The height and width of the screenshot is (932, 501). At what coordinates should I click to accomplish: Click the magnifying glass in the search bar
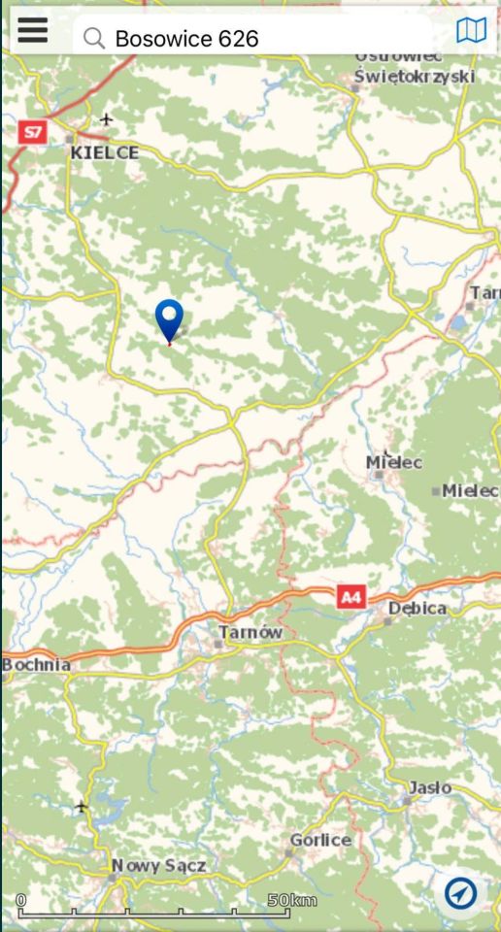[94, 38]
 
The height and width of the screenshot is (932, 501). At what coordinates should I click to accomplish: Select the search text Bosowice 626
[186, 39]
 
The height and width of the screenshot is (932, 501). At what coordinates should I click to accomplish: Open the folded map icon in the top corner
[471, 31]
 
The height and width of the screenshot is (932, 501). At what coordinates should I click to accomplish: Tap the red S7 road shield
[34, 131]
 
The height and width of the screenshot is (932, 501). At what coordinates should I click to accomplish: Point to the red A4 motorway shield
[351, 598]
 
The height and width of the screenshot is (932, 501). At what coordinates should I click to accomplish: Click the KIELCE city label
[104, 152]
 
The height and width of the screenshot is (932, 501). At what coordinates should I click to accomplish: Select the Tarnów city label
[250, 632]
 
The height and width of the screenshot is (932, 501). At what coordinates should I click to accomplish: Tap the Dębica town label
[417, 608]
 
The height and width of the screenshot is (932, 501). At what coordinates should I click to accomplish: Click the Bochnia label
[37, 665]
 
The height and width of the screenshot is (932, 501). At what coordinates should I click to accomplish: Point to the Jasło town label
[429, 787]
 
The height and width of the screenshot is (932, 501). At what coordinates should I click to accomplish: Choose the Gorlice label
[320, 840]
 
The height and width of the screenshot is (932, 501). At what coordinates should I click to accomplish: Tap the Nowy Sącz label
[158, 865]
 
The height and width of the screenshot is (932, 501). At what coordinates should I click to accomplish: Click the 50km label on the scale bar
[292, 900]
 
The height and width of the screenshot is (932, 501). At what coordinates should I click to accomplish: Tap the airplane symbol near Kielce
[106, 119]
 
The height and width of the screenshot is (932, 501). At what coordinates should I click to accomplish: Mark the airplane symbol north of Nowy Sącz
[81, 807]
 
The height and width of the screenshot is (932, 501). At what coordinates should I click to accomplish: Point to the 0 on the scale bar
[21, 900]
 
